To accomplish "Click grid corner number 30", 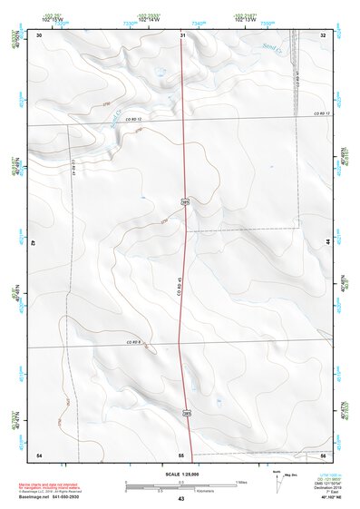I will click(x=40, y=34).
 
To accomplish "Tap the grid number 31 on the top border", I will click(x=182, y=34).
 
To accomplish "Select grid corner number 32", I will click(x=324, y=34).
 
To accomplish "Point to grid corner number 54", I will click(x=39, y=454).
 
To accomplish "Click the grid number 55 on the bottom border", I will click(x=181, y=454).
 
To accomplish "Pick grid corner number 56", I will click(x=324, y=454).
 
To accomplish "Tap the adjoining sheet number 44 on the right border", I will click(x=327, y=244).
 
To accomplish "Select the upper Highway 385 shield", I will click(x=184, y=201).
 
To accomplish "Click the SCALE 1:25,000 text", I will click(x=181, y=475).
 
